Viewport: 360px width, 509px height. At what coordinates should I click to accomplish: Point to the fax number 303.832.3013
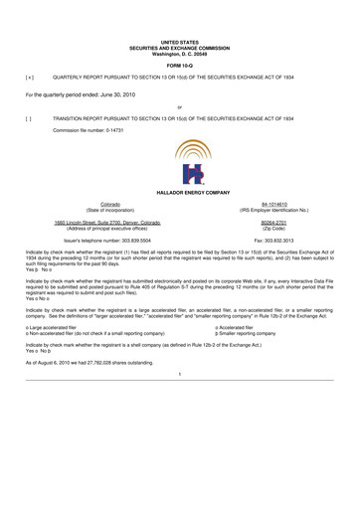(x=283, y=241)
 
